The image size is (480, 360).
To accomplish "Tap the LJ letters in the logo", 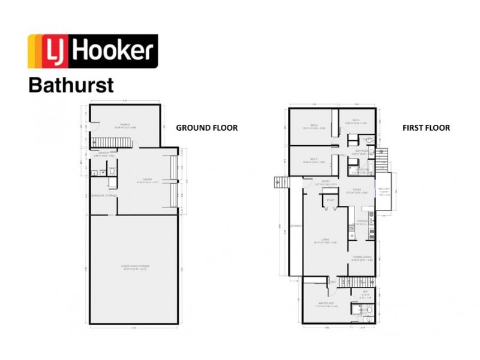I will coord(50,51).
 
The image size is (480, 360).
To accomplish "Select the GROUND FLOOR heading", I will coord(206,128).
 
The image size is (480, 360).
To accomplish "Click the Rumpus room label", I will coord(125,124).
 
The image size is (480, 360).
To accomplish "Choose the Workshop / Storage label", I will coord(103,196).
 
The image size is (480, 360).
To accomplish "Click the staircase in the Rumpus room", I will coord(111,142).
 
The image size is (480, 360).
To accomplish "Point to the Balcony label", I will coord(385,190).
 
